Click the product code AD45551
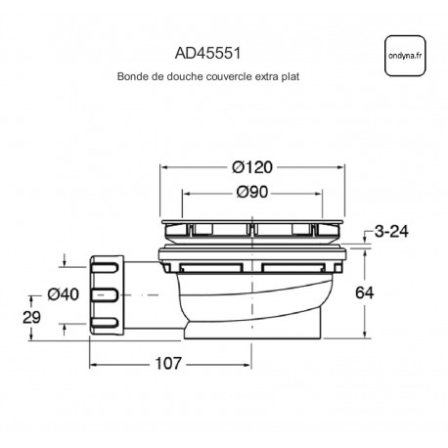pos(207,54)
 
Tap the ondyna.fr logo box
pos(405,56)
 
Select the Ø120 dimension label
pos(252,167)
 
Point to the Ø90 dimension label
pos(252,192)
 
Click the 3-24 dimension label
pos(391,232)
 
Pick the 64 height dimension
pos(364,292)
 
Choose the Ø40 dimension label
pos(64,294)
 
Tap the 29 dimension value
pos(31,317)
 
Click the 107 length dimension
pos(168,363)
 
